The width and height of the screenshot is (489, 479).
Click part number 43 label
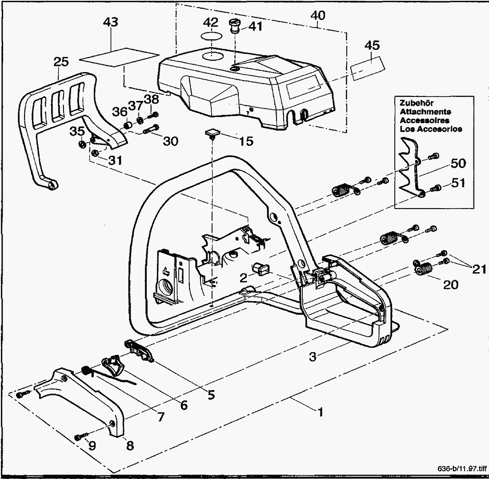click(110, 22)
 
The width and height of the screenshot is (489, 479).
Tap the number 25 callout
click(61, 62)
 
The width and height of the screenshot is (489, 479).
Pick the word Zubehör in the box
click(414, 104)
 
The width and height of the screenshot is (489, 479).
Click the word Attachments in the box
click(425, 112)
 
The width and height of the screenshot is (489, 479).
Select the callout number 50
click(458, 163)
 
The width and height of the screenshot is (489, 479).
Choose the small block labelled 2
click(259, 269)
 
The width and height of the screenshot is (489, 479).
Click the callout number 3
click(313, 356)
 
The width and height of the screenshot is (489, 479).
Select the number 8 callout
click(130, 445)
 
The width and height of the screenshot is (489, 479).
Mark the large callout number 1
click(319, 412)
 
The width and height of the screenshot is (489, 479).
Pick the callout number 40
click(318, 16)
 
